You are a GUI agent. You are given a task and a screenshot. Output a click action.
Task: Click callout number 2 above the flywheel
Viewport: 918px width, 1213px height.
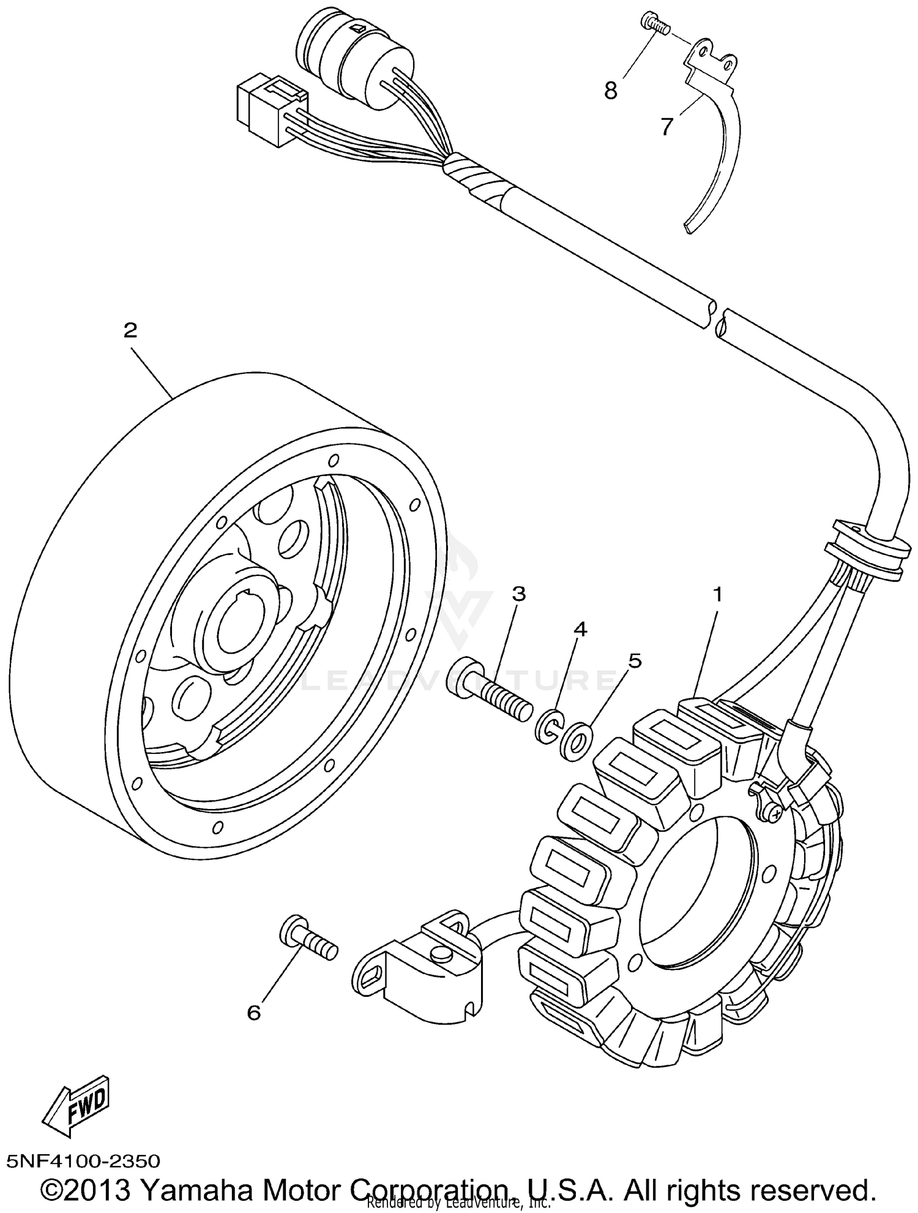coord(130,331)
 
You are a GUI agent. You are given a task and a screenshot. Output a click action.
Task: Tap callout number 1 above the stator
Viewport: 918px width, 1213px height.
coord(717,594)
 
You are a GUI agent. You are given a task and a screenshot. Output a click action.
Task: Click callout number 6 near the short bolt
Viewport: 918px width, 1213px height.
coord(253,1013)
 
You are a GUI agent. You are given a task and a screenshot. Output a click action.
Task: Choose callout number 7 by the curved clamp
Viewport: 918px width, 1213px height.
coord(666,127)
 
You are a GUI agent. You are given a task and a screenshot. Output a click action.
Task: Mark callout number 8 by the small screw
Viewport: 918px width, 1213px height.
coord(610,91)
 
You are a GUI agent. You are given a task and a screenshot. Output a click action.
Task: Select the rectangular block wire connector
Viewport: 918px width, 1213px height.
coord(269,113)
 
